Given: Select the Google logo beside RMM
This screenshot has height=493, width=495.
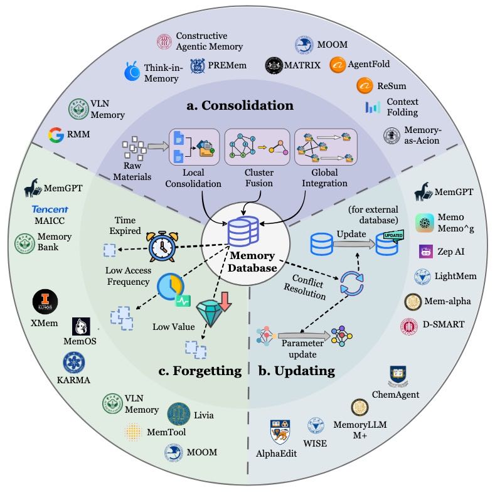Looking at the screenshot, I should [57, 134].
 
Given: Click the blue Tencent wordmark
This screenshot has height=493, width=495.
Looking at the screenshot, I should [50, 209].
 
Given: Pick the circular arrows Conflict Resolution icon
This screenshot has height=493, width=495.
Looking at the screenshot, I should [351, 284].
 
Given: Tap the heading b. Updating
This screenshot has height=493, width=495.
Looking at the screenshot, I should [296, 371].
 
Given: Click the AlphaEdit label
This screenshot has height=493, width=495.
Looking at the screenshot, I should [276, 452].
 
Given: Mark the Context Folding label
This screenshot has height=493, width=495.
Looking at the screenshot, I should [402, 107].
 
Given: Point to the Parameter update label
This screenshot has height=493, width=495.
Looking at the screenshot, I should [302, 347].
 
